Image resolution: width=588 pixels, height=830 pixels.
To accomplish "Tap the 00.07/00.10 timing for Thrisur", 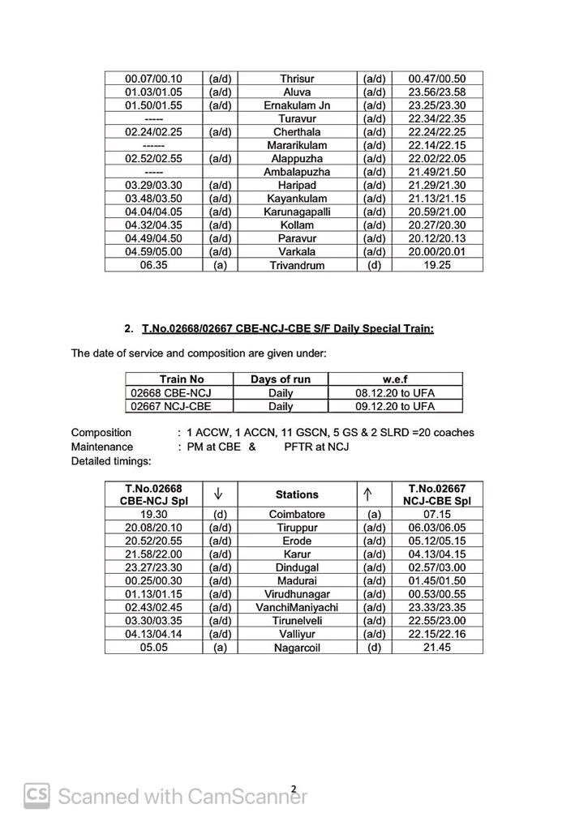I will [x=153, y=79].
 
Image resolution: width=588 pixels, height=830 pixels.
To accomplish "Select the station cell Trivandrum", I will [x=297, y=265].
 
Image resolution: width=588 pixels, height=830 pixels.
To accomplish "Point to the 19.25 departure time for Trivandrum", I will [x=437, y=265].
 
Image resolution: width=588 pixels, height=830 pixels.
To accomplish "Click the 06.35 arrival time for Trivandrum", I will [x=153, y=265].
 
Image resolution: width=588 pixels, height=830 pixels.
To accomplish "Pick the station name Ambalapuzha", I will [x=297, y=172].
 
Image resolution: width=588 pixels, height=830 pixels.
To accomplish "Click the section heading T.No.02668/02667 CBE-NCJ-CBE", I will [x=287, y=328].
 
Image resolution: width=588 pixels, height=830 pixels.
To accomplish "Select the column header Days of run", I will [x=281, y=379].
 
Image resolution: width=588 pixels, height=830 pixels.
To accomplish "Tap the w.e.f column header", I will [x=395, y=379].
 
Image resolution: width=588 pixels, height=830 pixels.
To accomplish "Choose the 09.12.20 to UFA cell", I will [x=395, y=406].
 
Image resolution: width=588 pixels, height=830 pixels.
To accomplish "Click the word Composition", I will [x=101, y=433].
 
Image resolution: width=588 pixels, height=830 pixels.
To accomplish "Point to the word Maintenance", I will [x=102, y=447].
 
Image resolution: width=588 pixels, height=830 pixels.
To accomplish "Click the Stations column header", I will [x=297, y=494].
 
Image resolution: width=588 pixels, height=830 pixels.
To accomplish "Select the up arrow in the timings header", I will [x=374, y=494].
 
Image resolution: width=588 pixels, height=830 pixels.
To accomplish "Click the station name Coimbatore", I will [x=297, y=514].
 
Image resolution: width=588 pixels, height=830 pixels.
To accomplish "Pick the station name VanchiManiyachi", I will [x=297, y=607].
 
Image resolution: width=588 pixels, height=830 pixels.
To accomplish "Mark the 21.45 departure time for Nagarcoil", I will [x=437, y=648].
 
